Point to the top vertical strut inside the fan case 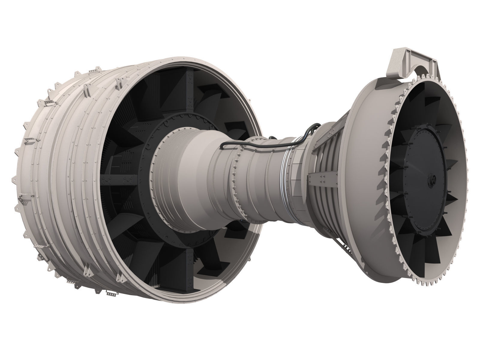189,90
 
